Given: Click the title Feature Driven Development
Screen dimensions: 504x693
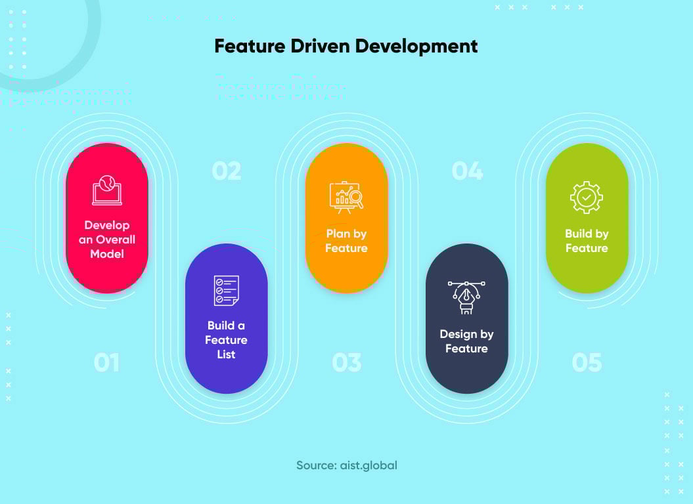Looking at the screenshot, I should [346, 47].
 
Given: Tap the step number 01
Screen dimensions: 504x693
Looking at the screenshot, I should [106, 362].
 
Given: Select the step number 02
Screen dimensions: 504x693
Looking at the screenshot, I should [227, 171].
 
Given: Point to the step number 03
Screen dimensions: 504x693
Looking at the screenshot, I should [347, 362].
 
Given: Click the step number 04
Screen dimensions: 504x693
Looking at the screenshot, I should [467, 171].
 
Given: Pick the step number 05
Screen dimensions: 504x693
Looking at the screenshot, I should [587, 362].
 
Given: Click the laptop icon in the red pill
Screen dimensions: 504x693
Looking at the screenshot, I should [106, 190].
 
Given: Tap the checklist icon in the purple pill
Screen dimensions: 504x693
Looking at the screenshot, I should [227, 290].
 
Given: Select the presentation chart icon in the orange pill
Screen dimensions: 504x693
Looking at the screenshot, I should [346, 197].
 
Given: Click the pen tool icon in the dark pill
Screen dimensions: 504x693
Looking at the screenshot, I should [466, 297].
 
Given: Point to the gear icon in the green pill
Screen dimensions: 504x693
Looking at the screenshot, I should [587, 197].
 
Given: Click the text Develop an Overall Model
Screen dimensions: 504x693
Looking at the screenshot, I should [107, 240].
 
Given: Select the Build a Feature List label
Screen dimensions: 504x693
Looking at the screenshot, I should [226, 340].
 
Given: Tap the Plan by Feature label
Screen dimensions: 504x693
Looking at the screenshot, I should [346, 241].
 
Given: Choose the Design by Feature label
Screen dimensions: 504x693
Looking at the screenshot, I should [466, 341].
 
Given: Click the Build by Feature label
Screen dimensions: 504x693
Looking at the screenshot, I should [587, 241].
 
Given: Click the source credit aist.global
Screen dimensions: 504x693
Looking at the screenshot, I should [347, 465].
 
